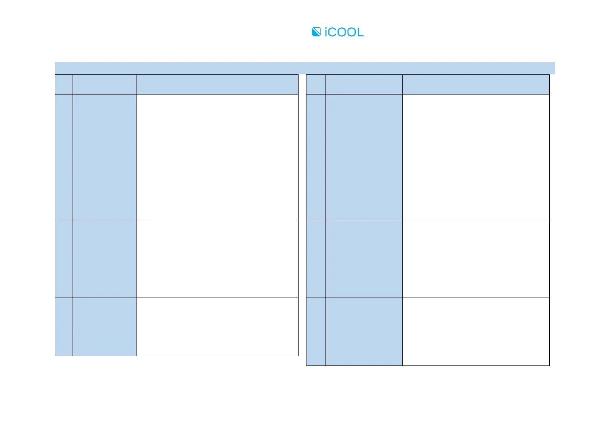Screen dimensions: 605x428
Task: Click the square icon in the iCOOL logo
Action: [x=316, y=32]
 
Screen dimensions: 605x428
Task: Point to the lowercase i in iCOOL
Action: [x=326, y=32]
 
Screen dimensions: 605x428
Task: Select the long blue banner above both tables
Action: [x=305, y=68]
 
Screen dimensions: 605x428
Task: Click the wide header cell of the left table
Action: [x=217, y=84]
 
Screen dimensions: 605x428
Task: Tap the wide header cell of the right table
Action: [x=476, y=84]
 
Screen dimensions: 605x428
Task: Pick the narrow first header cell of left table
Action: [x=64, y=84]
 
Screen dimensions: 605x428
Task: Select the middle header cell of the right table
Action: [x=364, y=84]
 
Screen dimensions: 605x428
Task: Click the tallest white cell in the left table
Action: [x=217, y=157]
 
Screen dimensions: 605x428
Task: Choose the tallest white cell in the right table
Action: [x=476, y=157]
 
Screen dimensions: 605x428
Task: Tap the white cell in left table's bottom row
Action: [x=217, y=327]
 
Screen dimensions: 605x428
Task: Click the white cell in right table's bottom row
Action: [x=476, y=331]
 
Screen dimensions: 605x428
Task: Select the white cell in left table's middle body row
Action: [x=217, y=259]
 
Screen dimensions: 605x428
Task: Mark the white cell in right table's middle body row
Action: [x=476, y=259]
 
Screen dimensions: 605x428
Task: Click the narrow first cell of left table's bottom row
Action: [x=64, y=327]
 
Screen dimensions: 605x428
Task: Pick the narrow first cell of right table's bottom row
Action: [x=316, y=331]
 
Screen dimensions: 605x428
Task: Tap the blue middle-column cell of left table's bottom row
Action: [x=105, y=327]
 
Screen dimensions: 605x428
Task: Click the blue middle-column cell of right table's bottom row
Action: [x=364, y=331]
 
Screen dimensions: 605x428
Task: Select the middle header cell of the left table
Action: [x=105, y=84]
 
